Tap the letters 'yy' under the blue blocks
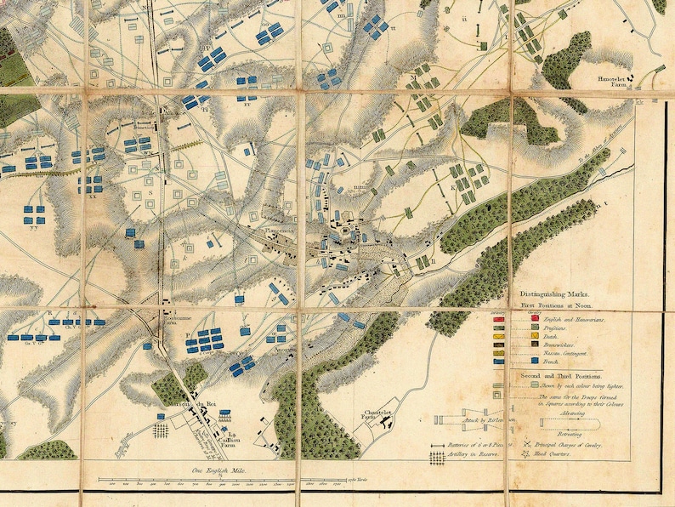(35, 227)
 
